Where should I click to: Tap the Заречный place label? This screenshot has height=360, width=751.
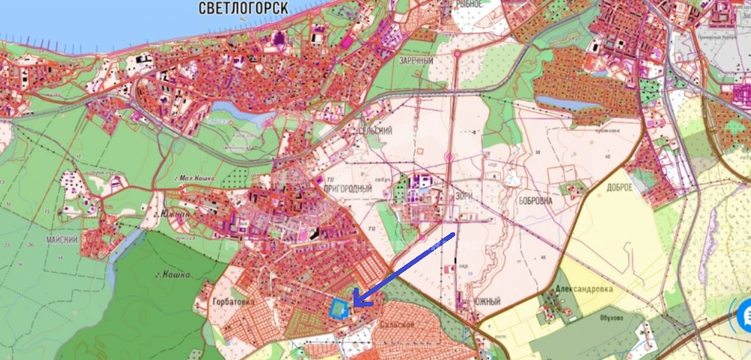[x=416, y=61]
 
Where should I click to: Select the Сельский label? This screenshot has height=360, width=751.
[x=375, y=131]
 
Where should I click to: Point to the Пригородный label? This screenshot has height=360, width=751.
[x=348, y=188]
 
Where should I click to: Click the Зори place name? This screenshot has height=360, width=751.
[x=463, y=194]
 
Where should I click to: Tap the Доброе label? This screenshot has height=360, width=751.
[x=620, y=187]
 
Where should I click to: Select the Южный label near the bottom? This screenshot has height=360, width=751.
[x=487, y=302]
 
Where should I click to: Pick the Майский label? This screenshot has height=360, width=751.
[x=62, y=239]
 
